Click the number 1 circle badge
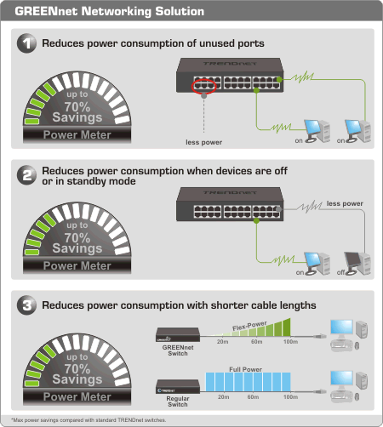(26, 43)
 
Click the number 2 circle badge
(26, 175)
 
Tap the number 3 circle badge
(26, 305)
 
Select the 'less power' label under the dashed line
(203, 142)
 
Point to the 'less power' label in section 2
(345, 203)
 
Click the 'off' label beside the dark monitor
(340, 272)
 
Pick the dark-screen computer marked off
(357, 263)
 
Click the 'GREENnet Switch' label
(178, 350)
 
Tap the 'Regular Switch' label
(178, 401)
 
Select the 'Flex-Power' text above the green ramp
(249, 326)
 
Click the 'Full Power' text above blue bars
(245, 369)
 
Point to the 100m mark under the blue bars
(290, 397)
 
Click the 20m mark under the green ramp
(223, 342)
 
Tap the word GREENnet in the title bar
(46, 11)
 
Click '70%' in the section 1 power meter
(77, 107)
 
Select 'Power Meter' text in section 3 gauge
(77, 396)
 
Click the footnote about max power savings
(89, 420)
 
